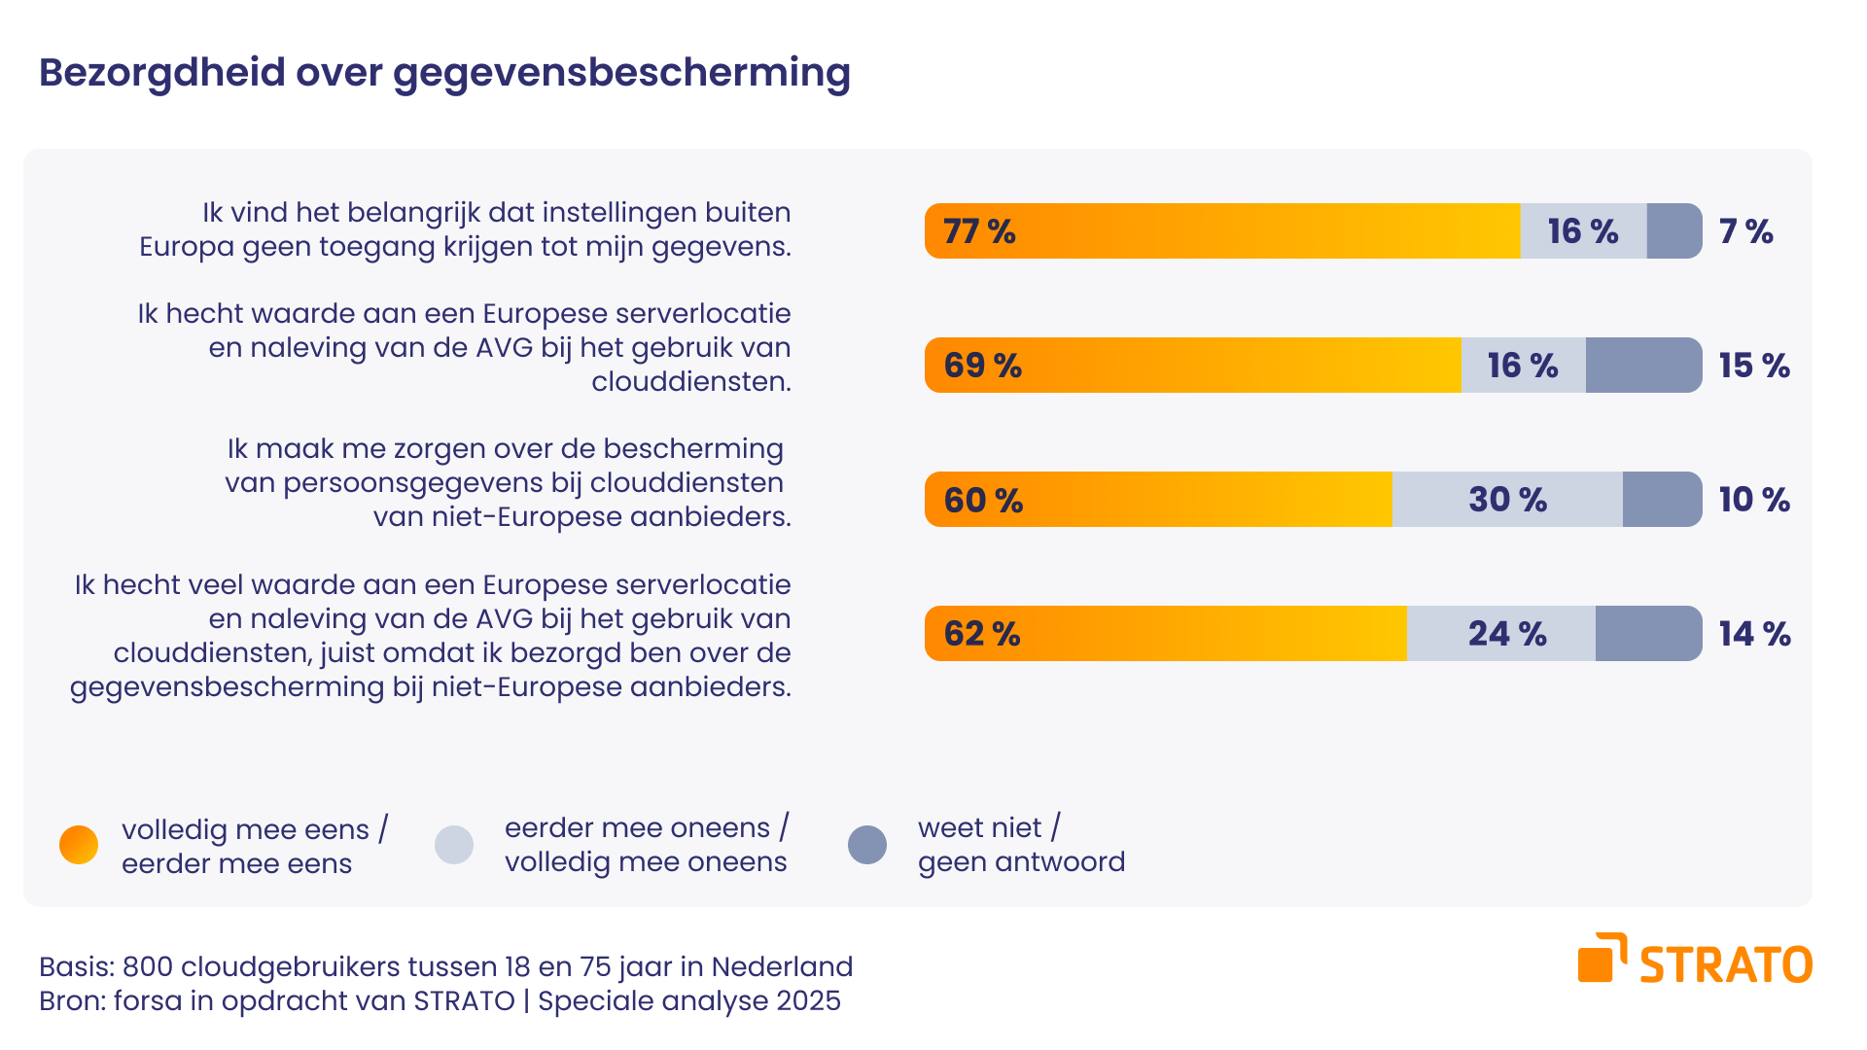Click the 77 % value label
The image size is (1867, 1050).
coord(979,231)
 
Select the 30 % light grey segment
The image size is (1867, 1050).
coord(1507,500)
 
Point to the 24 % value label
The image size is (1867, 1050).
coord(1507,634)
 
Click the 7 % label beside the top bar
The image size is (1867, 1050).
coord(1745,231)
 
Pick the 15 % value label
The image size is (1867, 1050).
coord(1754,366)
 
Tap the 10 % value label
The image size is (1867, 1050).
coord(1754,500)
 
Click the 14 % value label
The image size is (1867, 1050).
coord(1754,634)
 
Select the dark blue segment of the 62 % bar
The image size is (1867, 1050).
coord(1648,634)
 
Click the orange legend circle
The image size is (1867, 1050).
coord(79,845)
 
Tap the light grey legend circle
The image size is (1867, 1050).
coord(454,845)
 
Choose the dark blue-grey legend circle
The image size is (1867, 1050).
coord(867,845)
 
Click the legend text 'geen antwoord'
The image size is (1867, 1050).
coord(1021,862)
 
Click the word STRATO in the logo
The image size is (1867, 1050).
coord(1726,965)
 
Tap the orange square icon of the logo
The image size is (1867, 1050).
coord(1596,963)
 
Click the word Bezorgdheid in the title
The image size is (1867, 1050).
coord(162,73)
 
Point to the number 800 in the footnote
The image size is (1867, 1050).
coord(148,966)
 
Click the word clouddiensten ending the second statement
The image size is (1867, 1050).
coord(691,382)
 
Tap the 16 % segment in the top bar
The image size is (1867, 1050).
coord(1583,231)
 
